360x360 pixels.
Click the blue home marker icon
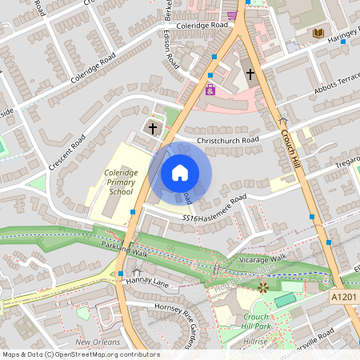180,173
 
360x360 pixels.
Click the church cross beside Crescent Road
153,128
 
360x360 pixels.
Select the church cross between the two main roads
250,74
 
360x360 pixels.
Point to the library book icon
318,32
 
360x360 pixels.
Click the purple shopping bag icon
210,90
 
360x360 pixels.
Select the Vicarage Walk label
261,261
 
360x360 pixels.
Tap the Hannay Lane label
149,282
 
